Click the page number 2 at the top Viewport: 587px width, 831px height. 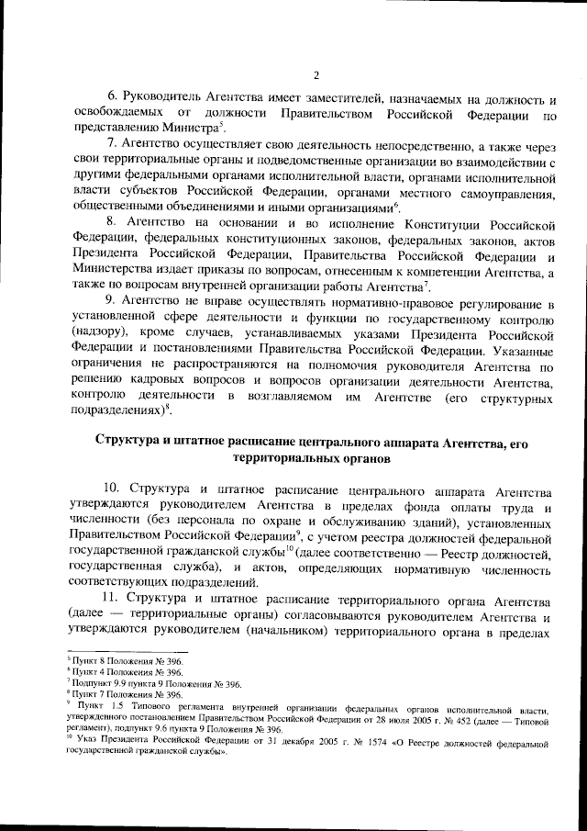315,75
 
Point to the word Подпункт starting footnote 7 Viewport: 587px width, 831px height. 83,684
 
